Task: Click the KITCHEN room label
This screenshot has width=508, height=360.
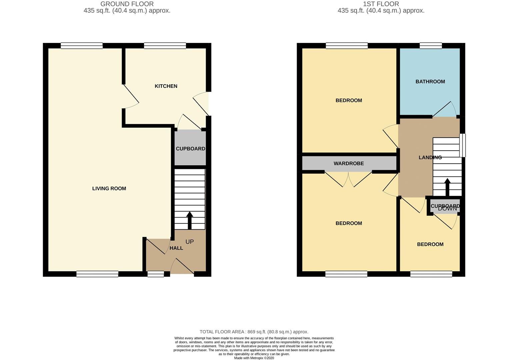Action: pos(166,86)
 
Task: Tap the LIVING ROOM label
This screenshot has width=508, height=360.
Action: pos(109,188)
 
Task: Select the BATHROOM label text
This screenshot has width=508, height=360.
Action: pos(430,81)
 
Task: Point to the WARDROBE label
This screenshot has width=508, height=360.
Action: pos(349,163)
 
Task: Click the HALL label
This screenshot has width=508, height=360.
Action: pos(176,248)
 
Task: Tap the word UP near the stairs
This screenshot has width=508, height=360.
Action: pos(189,242)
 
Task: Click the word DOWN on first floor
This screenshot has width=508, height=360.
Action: pos(447,209)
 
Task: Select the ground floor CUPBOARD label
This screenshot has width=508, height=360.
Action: pos(190,149)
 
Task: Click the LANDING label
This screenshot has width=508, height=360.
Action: pos(430,157)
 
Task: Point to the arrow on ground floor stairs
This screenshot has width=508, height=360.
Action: pos(190,220)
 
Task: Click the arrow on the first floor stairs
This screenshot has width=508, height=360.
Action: pos(447,187)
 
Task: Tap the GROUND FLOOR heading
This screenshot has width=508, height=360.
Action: pos(127,4)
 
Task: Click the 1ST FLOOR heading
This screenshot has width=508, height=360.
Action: pos(381,4)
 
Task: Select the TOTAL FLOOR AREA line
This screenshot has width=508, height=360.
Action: pos(254,332)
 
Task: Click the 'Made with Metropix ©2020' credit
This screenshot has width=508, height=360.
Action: pos(254,358)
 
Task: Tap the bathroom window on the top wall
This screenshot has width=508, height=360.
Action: pos(430,46)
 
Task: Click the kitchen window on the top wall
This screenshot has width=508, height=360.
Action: pos(165,46)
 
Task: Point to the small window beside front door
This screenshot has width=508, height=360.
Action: pos(156,274)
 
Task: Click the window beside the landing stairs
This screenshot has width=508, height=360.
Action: pos(462,145)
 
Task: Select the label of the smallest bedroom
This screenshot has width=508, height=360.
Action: pos(430,244)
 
